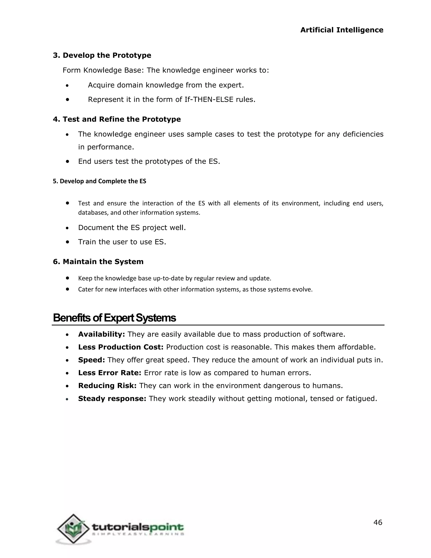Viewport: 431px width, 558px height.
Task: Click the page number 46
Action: (x=378, y=522)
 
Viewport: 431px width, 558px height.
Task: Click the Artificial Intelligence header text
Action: (x=342, y=30)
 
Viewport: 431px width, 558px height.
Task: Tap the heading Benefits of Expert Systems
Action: (x=114, y=318)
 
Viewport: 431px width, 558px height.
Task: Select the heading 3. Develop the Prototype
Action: (x=102, y=55)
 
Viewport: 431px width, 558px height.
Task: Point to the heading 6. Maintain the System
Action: (x=98, y=262)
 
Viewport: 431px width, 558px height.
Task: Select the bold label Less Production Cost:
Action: (x=121, y=347)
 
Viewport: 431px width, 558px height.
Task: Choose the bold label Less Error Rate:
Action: (x=109, y=373)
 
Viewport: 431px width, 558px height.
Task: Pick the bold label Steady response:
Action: (x=112, y=399)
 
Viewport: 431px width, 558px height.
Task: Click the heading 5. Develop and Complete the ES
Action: (x=99, y=181)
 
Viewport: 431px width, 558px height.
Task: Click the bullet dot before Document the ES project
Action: (x=67, y=228)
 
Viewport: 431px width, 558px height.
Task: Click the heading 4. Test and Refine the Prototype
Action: (x=117, y=119)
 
